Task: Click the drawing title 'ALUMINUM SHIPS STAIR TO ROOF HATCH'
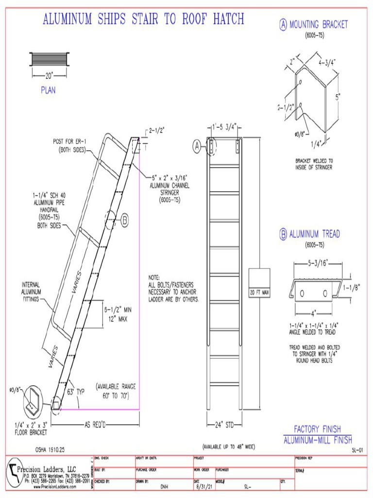(x=143, y=19)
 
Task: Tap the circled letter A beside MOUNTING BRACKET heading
(x=283, y=25)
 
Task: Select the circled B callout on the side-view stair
(x=125, y=221)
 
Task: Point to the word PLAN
(x=48, y=90)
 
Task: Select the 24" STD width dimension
(x=224, y=424)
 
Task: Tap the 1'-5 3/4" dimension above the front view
(x=224, y=127)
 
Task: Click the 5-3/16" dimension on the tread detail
(x=318, y=263)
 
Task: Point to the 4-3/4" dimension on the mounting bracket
(x=327, y=62)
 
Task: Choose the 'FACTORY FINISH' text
(x=317, y=429)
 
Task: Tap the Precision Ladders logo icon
(x=12, y=473)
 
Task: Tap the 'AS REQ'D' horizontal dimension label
(x=94, y=424)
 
